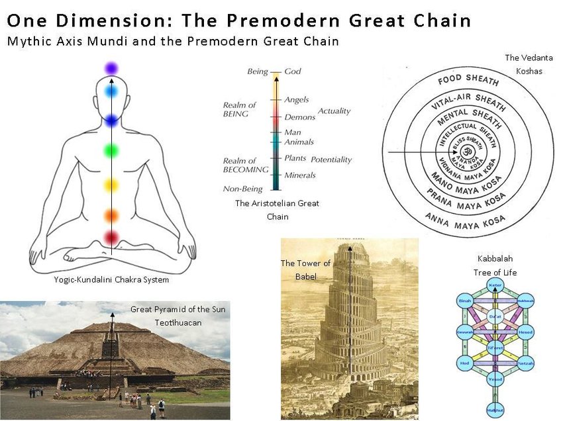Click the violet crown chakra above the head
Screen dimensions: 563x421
(111, 68)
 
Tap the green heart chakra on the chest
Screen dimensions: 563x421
(111, 151)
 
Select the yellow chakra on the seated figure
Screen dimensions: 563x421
(111, 184)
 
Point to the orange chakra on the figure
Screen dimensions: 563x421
(111, 215)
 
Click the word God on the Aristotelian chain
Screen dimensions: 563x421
(293, 71)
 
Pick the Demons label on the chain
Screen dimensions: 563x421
(299, 117)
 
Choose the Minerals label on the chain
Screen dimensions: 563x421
(299, 175)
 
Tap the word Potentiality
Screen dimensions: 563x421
(331, 160)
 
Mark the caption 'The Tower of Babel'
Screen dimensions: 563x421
(305, 269)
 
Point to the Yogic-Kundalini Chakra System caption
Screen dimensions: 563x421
(111, 280)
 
